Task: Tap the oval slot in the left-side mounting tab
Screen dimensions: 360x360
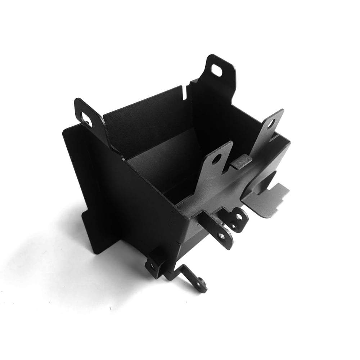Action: pyautogui.click(x=87, y=118)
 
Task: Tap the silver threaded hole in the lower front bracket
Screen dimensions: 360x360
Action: pyautogui.click(x=221, y=236)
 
